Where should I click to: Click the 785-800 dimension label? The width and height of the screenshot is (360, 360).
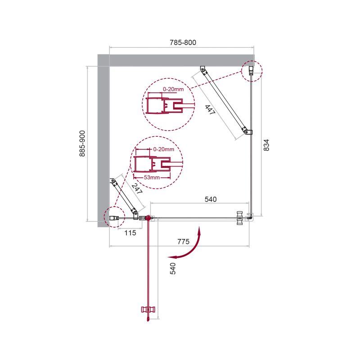tap(183, 42)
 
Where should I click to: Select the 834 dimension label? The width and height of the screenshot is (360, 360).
tap(266, 145)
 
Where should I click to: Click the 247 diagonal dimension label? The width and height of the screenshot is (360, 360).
tap(137, 189)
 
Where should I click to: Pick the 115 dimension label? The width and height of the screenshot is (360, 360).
tap(130, 233)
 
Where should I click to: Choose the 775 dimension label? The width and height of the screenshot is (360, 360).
tap(183, 242)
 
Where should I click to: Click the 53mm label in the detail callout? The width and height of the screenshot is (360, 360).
tap(152, 178)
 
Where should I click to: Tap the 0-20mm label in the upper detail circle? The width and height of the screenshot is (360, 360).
tap(173, 90)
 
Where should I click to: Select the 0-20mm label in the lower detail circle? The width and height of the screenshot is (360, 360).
tap(163, 149)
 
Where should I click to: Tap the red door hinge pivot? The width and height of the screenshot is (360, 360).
tap(147, 218)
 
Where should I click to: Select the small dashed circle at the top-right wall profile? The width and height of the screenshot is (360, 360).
tap(251, 71)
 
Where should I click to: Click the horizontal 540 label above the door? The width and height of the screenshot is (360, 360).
tap(211, 199)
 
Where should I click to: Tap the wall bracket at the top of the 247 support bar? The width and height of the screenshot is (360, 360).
tap(113, 182)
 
